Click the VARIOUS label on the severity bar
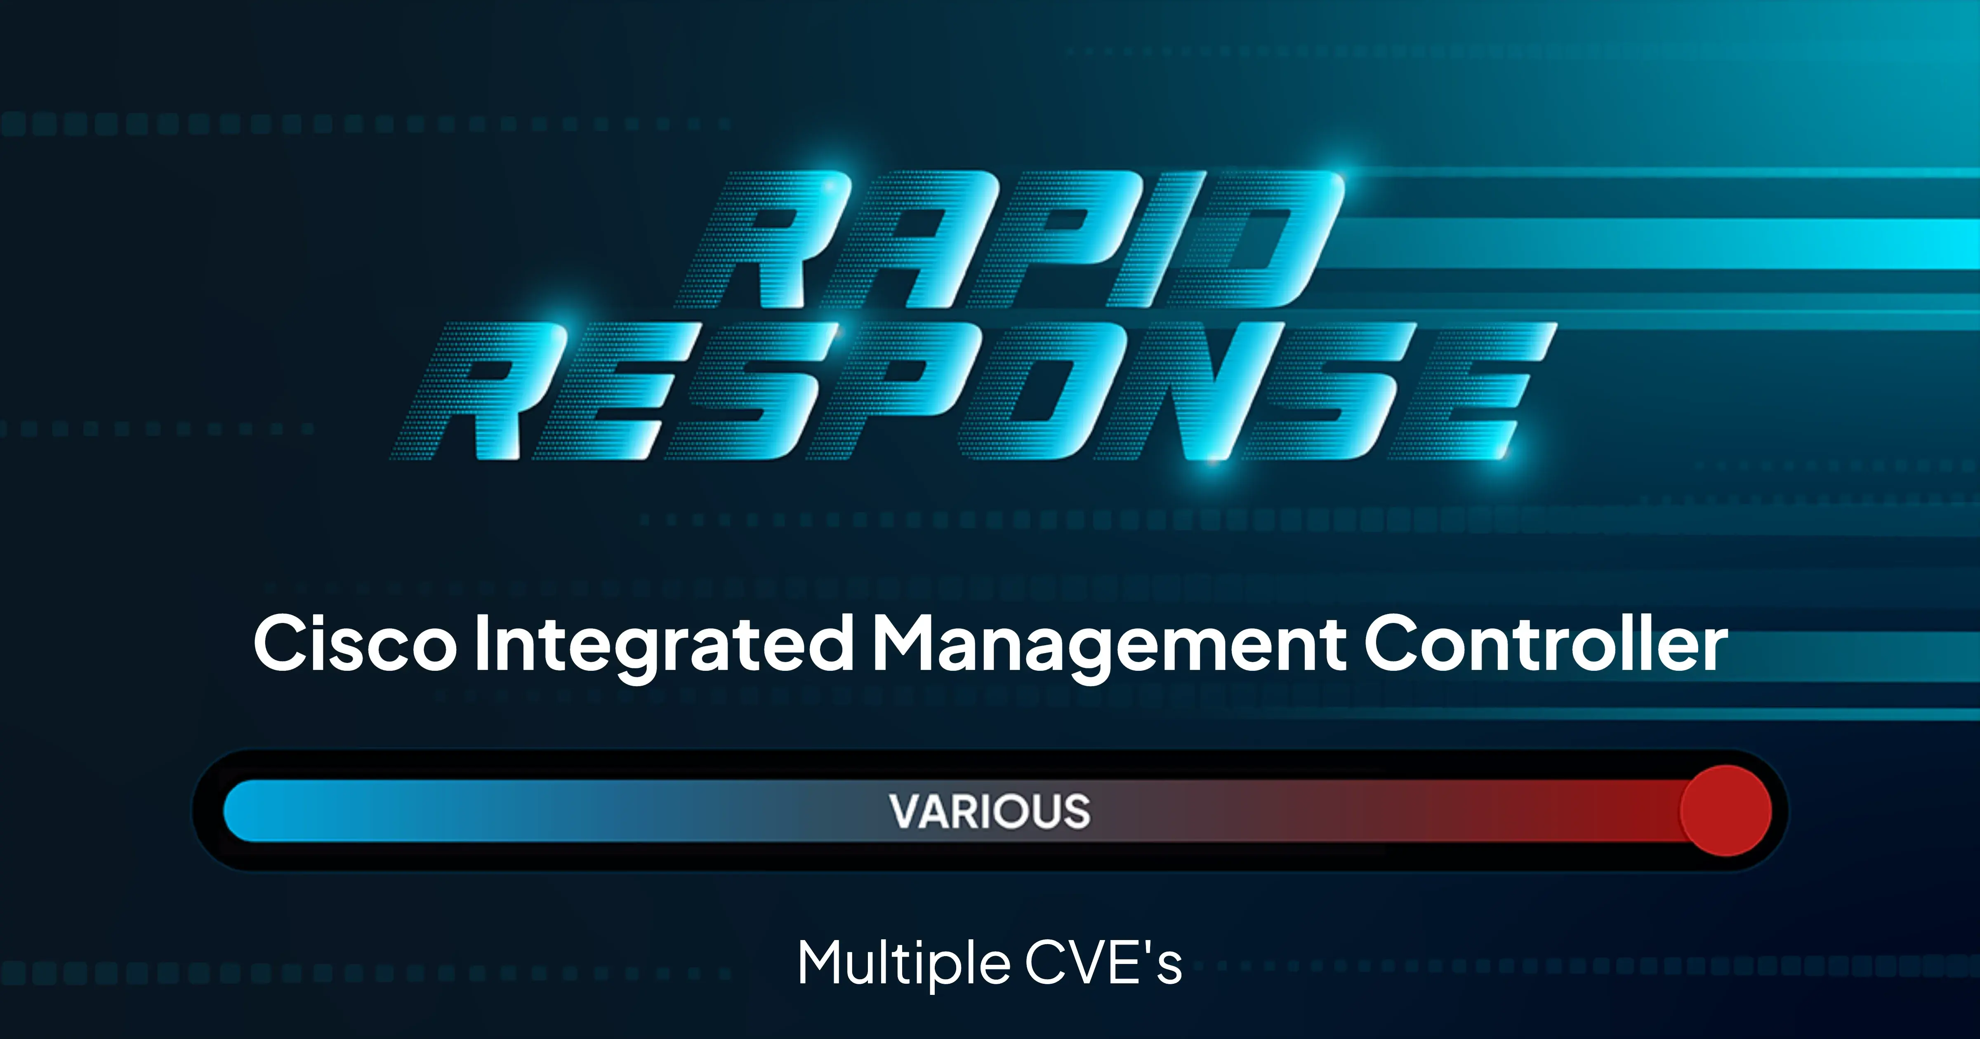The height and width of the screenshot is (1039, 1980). pyautogui.click(x=990, y=811)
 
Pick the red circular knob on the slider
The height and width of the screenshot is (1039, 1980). pyautogui.click(x=1725, y=811)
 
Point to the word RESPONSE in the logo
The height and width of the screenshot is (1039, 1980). pyautogui.click(x=972, y=392)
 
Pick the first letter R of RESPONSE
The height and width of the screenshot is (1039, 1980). pyautogui.click(x=500, y=392)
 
